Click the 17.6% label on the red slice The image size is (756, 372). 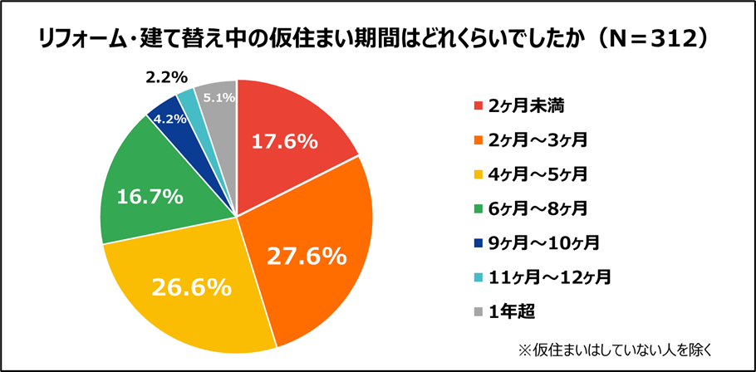coord(284,142)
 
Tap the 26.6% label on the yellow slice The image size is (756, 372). coord(191,287)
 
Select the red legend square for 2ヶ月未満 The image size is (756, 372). coord(479,105)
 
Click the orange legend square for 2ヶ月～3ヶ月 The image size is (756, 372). coord(479,139)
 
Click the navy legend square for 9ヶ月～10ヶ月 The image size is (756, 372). coord(479,243)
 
